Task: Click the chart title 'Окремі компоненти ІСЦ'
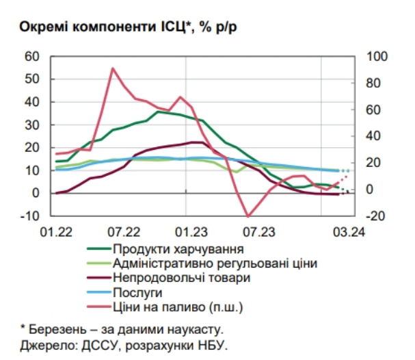pos(103,27)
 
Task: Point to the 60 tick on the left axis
pos(32,56)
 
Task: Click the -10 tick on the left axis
pos(31,216)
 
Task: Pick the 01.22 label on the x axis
pos(57,232)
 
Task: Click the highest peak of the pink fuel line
pos(113,68)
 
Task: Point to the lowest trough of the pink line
pos(249,216)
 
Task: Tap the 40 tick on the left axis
pos(32,102)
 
